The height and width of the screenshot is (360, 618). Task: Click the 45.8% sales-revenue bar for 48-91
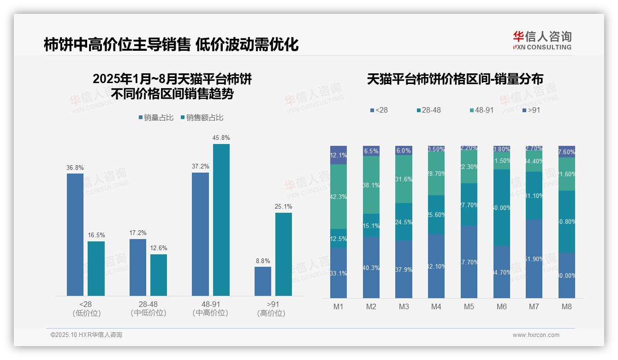[x=221, y=220]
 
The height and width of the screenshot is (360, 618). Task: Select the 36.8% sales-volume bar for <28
[x=75, y=234]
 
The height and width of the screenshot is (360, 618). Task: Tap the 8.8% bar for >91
[x=263, y=281]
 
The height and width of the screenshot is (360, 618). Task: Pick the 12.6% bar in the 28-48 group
[x=159, y=275]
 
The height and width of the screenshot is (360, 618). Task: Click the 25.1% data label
[x=284, y=206]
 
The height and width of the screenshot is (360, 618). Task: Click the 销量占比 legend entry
[x=156, y=118]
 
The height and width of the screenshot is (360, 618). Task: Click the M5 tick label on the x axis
[x=469, y=306]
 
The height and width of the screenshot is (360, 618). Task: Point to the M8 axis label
[x=567, y=306]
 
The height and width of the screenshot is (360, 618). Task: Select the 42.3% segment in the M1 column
[x=339, y=197]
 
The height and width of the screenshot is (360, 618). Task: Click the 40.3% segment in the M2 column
[x=371, y=267]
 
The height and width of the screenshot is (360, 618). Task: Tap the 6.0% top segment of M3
[x=404, y=150]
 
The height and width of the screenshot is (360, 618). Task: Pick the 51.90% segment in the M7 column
[x=534, y=258]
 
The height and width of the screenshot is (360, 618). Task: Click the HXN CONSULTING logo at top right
[x=542, y=40]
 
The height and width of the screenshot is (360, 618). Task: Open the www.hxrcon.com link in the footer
[x=536, y=335]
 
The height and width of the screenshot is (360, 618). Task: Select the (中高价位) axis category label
[x=210, y=313]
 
